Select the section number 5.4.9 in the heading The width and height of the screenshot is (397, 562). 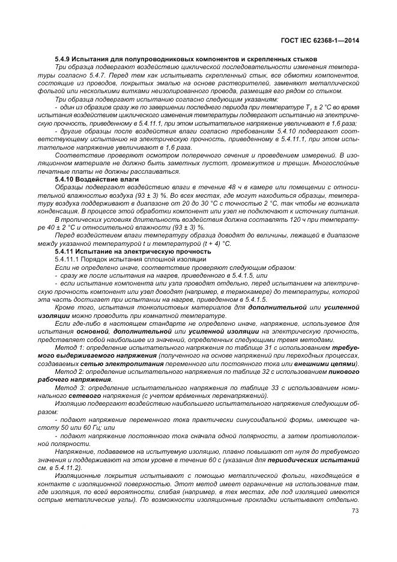[62, 59]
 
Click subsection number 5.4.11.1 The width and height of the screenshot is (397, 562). [68, 258]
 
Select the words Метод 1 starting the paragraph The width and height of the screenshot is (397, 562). [67, 348]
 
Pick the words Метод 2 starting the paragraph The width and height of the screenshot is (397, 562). [67, 371]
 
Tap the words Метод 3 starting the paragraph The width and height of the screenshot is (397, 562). [67, 388]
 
